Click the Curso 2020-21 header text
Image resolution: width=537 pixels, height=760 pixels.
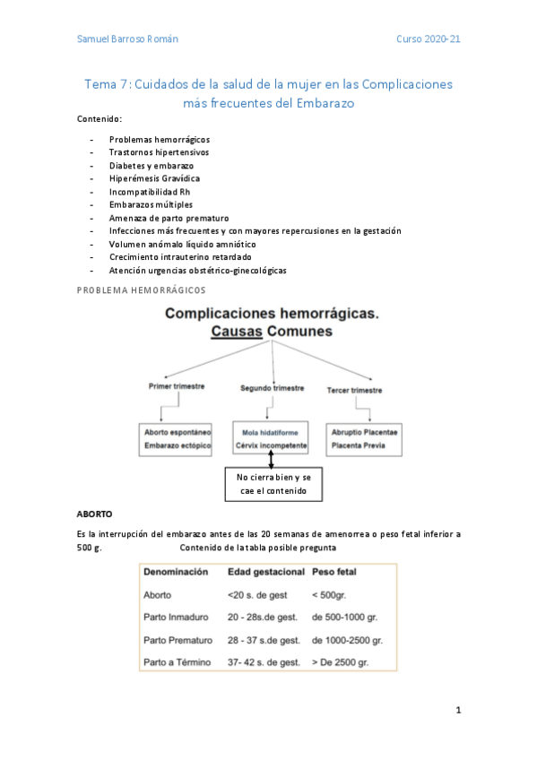coord(429,39)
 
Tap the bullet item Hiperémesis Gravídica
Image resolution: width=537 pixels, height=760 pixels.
coord(154,178)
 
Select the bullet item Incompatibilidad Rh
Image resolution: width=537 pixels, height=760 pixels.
coord(149,192)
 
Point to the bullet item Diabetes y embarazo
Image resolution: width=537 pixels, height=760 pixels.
coord(151,166)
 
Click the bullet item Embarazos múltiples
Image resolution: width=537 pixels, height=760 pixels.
coord(151,204)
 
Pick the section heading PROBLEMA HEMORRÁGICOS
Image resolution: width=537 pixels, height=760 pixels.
coord(141,289)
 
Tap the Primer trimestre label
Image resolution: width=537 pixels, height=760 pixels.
coord(177,386)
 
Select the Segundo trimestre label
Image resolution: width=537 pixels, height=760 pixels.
coord(271,388)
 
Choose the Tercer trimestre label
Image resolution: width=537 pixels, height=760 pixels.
coord(354,390)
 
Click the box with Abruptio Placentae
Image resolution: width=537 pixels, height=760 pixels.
coord(364,438)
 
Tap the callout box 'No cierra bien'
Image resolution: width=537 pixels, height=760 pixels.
coord(274,484)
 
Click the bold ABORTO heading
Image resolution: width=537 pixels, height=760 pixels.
coord(95,515)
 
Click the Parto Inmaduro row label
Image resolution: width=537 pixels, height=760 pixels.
coord(178,617)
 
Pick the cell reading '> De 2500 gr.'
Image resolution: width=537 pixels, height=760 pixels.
coord(342,662)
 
